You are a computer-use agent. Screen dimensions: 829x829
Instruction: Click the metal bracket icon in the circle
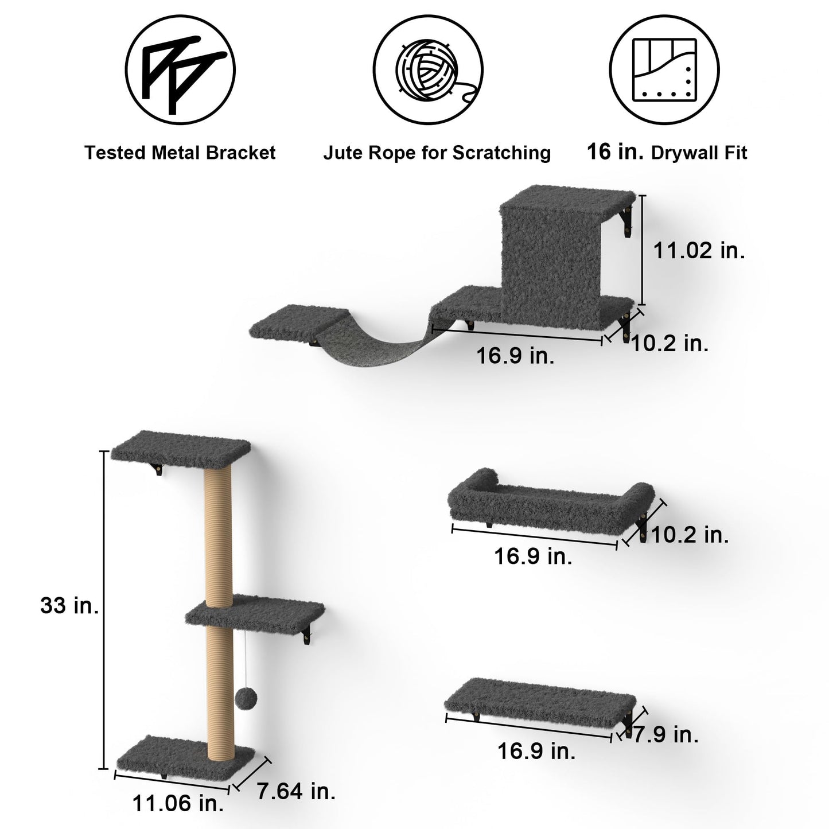(x=180, y=69)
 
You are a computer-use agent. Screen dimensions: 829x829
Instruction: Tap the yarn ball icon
(x=428, y=69)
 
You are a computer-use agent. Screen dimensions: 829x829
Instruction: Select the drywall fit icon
(x=664, y=69)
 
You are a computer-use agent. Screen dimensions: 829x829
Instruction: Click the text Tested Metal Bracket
(x=180, y=153)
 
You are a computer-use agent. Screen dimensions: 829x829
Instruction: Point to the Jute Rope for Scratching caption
(x=437, y=153)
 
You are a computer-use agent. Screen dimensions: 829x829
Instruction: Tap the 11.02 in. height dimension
(x=699, y=250)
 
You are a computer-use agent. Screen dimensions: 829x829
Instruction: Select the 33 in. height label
(x=69, y=606)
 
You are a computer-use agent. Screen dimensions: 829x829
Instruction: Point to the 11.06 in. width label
(x=178, y=803)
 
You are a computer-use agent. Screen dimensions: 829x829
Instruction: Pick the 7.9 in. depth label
(x=665, y=734)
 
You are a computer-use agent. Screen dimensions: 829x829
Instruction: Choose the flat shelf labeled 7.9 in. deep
(x=539, y=697)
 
